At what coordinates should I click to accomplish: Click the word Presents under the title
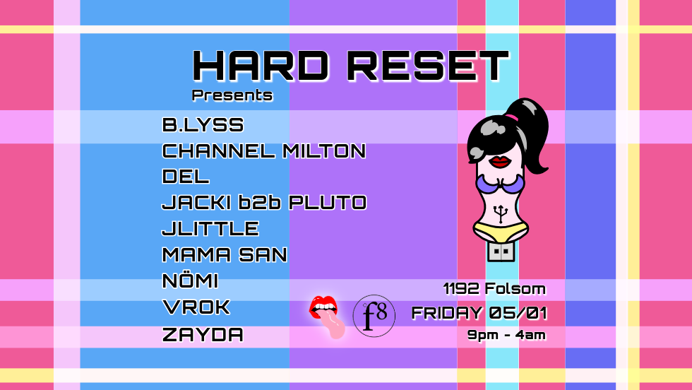(x=232, y=95)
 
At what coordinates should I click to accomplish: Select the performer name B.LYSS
(x=203, y=126)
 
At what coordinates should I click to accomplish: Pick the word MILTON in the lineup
(x=324, y=151)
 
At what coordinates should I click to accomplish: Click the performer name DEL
(x=186, y=177)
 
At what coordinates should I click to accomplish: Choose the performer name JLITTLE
(x=210, y=229)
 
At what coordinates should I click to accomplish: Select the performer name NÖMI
(x=190, y=281)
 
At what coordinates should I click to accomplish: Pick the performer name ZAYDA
(x=203, y=334)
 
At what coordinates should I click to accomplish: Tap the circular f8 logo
(x=374, y=316)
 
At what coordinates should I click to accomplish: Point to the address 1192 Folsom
(x=494, y=288)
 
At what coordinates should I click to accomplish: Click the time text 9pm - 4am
(x=506, y=335)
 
